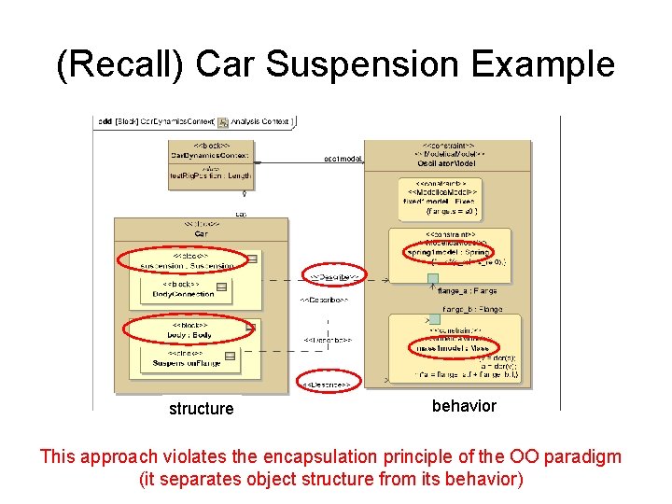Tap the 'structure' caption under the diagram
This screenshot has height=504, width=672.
[201, 409]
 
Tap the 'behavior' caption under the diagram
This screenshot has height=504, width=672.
[464, 406]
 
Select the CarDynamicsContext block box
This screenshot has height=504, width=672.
[209, 161]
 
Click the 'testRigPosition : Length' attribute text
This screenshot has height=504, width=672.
[209, 175]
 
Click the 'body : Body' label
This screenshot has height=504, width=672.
[190, 333]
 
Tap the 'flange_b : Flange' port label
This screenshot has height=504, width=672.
[471, 309]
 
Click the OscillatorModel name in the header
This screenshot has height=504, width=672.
[447, 163]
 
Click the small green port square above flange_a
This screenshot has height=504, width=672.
[433, 278]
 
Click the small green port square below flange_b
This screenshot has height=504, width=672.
[433, 319]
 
